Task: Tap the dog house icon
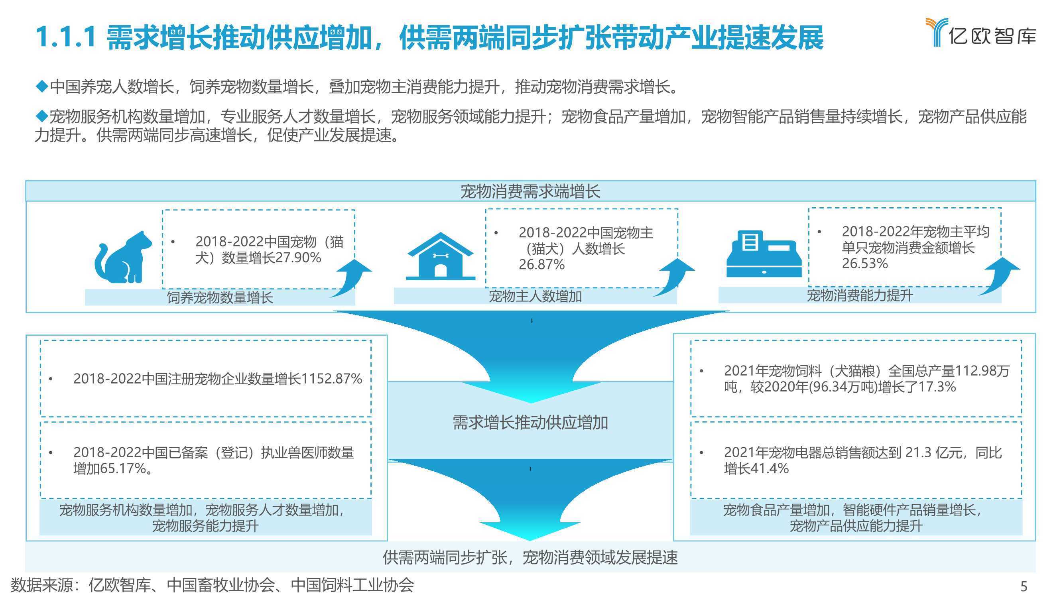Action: [440, 256]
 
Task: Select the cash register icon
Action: [764, 254]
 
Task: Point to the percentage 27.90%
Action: [298, 258]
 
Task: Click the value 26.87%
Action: [541, 265]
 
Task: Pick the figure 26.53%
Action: [864, 263]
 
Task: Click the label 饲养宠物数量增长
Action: [220, 297]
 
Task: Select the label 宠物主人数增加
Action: [535, 296]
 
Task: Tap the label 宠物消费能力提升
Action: [860, 295]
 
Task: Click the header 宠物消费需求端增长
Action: [531, 191]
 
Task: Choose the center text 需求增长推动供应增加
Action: [530, 423]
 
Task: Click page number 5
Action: [1024, 586]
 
